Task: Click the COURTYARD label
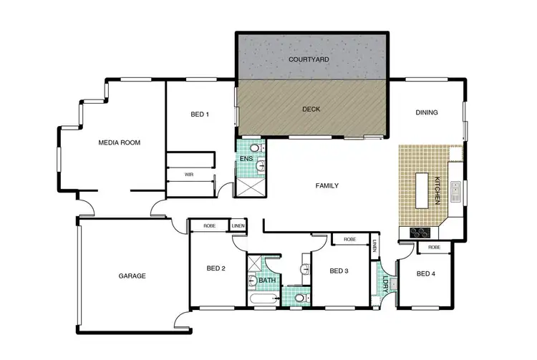point(311,59)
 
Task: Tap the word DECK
point(311,110)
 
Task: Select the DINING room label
point(427,112)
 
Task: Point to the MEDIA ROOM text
point(119,142)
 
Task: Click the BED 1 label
point(200,115)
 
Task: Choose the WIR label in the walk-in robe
point(189,174)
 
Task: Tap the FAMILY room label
point(326,185)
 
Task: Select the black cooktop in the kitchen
point(420,232)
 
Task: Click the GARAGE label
point(132,276)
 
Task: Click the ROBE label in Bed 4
point(434,247)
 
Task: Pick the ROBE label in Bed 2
point(209,226)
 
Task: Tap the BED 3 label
point(339,271)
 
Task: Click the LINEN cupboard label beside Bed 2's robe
point(238,226)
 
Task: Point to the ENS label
point(246,159)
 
